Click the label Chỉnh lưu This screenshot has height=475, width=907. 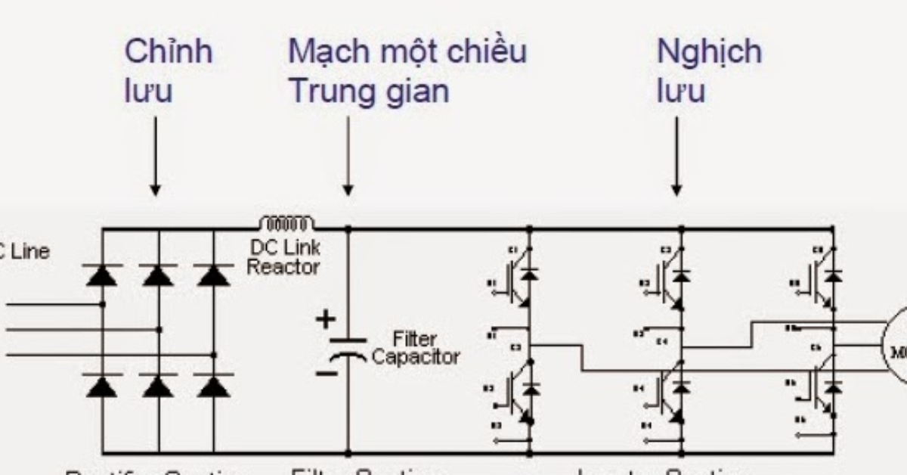tap(168, 71)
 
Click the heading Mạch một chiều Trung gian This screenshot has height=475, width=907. tap(407, 71)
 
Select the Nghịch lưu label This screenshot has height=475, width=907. tap(709, 71)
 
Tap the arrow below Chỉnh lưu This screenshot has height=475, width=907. tap(155, 156)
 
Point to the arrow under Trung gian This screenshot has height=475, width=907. tap(348, 156)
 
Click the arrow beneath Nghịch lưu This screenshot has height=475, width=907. tap(677, 156)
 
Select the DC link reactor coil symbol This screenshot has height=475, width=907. tap(286, 223)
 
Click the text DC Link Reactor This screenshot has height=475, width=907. tap(283, 257)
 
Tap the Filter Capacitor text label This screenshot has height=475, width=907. tap(415, 348)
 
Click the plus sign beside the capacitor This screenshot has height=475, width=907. tap(325, 319)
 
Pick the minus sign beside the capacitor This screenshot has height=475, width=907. tap(326, 373)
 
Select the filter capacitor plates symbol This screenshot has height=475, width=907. tap(348, 348)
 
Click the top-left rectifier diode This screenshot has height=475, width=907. tap(101, 275)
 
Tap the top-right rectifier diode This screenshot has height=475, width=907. tap(214, 275)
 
